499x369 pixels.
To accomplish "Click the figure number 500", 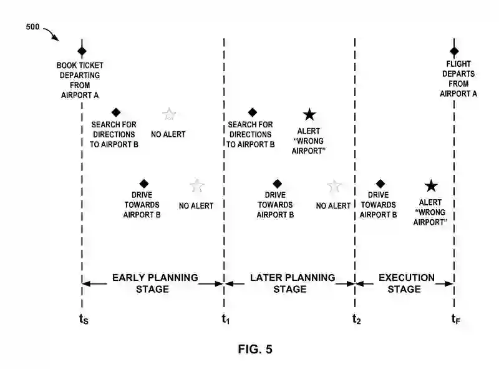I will (x=34, y=26).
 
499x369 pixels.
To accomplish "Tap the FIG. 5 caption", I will (x=254, y=349).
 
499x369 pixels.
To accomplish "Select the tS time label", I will (x=84, y=320).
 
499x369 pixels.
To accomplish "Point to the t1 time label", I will (x=225, y=320).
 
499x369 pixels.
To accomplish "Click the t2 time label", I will (x=356, y=320).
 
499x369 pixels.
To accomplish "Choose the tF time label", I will (x=456, y=320).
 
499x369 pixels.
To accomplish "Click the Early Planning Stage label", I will (x=155, y=283).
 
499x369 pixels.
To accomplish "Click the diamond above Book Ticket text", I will (x=82, y=51).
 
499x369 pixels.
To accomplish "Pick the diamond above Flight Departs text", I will (x=454, y=51).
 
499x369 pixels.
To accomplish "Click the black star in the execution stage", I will (x=430, y=185).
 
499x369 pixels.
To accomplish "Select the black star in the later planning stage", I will (x=309, y=114).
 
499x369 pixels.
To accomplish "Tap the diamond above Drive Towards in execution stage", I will (x=380, y=184).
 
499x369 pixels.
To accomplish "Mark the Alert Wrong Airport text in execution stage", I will (x=430, y=212).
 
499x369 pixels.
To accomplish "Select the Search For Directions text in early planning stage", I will (x=114, y=134).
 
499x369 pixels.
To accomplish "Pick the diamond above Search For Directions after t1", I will (x=252, y=112).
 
